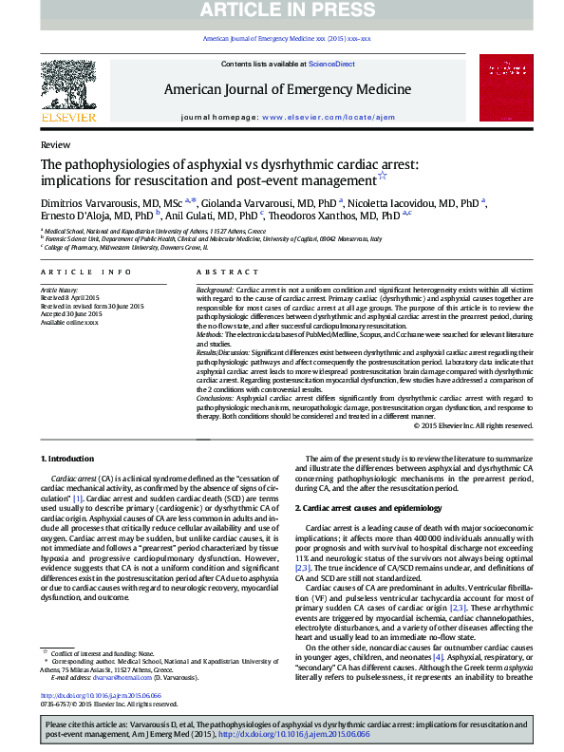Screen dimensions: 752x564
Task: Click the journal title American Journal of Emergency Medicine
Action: click(x=288, y=89)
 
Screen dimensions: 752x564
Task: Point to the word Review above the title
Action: click(x=55, y=144)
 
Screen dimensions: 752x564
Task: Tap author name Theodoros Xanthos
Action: click(x=322, y=216)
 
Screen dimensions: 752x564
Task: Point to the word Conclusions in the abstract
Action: click(x=216, y=399)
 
